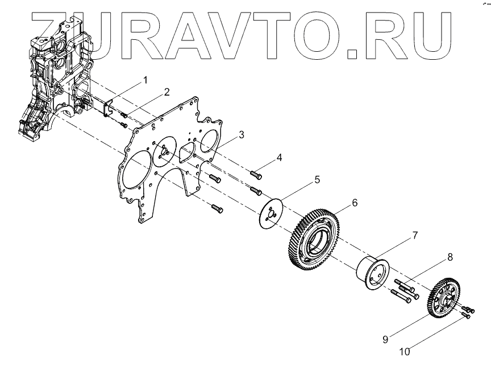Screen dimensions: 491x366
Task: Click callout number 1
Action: click(145, 80)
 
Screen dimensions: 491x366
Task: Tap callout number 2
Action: click(167, 92)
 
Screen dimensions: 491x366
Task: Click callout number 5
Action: click(317, 180)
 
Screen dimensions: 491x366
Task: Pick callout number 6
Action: click(355, 203)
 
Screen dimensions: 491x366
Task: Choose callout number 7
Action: click(415, 235)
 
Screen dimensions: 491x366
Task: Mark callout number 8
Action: click(450, 257)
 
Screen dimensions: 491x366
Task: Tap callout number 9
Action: click(385, 340)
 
